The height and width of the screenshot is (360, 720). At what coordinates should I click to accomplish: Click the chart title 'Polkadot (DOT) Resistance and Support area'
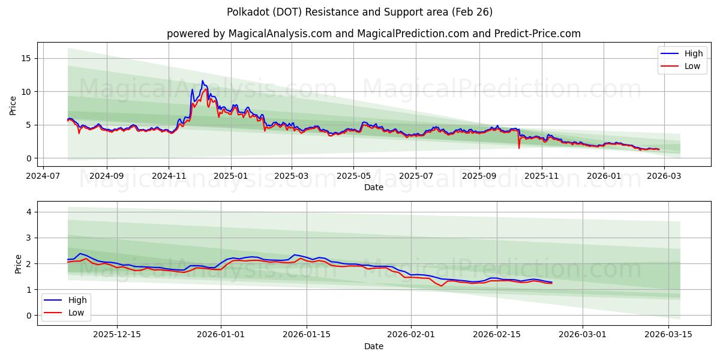coord(360,12)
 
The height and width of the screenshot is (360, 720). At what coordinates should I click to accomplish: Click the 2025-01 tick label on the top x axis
coord(231,176)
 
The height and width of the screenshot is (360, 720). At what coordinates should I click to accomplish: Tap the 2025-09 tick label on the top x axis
coord(479,176)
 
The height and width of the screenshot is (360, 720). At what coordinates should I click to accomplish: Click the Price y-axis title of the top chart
coord(13,105)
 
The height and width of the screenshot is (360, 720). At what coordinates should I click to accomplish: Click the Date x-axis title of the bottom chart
coord(373,346)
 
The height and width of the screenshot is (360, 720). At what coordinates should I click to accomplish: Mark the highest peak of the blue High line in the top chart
coord(202,81)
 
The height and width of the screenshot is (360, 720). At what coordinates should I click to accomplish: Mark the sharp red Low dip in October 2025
coord(519,148)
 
